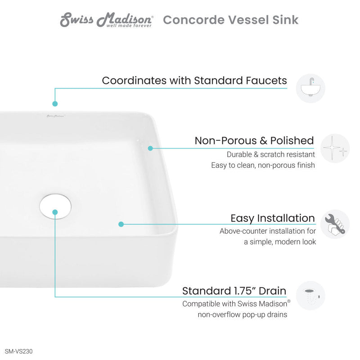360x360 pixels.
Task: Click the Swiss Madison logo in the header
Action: [107, 20]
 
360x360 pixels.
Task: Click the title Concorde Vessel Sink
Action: [230, 20]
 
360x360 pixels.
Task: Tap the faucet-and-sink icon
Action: [310, 88]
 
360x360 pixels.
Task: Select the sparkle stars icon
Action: [335, 148]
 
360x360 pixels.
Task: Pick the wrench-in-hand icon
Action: [335, 224]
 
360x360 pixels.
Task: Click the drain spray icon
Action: [310, 296]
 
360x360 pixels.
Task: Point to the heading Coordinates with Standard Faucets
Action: [194, 81]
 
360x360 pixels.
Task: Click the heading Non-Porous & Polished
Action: [254, 140]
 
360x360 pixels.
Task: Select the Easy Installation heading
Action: [273, 218]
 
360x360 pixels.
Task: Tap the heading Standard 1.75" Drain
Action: [234, 291]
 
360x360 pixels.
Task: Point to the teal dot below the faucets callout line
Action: [55, 103]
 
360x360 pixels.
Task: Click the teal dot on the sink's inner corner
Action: [151, 148]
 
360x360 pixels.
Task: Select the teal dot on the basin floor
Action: [121, 224]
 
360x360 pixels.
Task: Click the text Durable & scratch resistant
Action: [271, 154]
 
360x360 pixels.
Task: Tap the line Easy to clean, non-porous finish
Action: [263, 165]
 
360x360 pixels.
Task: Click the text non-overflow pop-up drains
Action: [242, 315]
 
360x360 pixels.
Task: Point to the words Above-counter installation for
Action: [268, 231]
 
